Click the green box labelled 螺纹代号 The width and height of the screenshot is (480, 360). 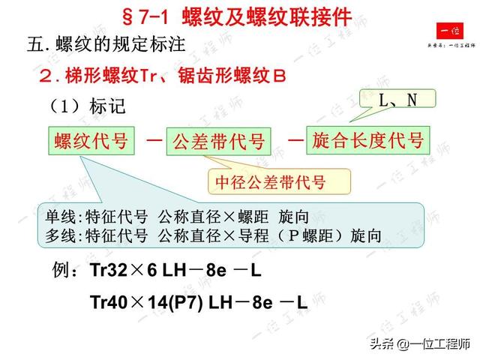[91, 139]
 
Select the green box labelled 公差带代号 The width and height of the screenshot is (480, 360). [219, 141]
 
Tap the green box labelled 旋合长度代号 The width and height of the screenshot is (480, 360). [368, 139]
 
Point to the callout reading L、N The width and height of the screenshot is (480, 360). [398, 99]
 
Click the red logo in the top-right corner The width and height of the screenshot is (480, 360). [451, 31]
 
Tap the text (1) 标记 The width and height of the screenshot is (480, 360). [88, 106]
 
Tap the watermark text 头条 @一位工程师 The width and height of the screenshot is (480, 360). [412, 344]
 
